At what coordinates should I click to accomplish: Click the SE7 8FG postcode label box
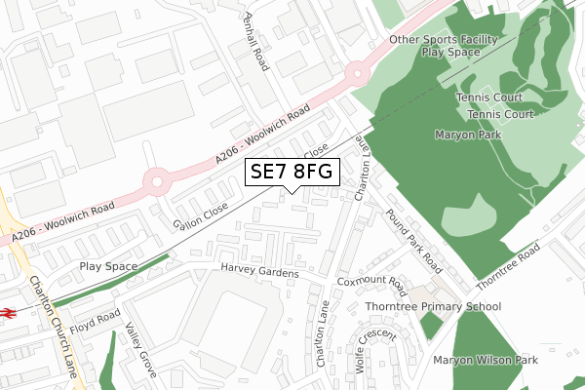click(x=292, y=172)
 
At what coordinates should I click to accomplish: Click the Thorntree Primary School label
click(x=433, y=306)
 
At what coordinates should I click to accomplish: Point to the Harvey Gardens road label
click(x=258, y=272)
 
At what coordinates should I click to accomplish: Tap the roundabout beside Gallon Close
click(x=154, y=180)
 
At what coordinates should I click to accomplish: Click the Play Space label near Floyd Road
click(x=104, y=266)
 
